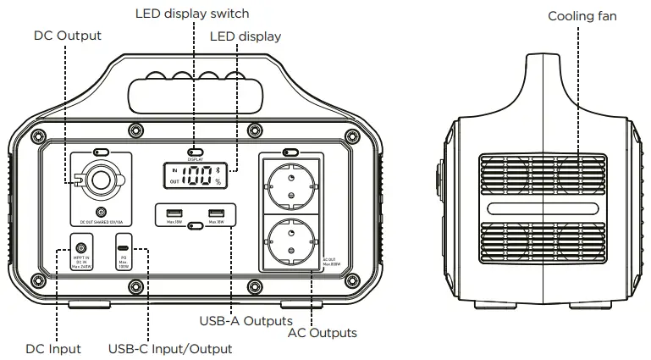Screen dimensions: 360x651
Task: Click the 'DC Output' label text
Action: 67,36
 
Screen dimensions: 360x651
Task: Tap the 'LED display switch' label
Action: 192,14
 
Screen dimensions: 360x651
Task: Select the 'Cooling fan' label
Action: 582,16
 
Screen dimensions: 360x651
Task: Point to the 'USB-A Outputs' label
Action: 246,321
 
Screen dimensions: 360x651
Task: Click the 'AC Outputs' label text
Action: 323,333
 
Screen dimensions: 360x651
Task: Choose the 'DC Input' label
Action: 53,349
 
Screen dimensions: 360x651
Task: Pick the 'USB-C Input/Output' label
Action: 170,349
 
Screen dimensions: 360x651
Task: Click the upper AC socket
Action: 290,182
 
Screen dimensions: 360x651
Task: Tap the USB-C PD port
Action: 124,241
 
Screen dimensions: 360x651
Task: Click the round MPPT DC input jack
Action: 82,252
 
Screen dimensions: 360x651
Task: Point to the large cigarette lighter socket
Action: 102,180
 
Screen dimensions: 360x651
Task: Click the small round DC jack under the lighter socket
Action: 102,213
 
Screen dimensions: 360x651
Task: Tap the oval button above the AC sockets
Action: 290,153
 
